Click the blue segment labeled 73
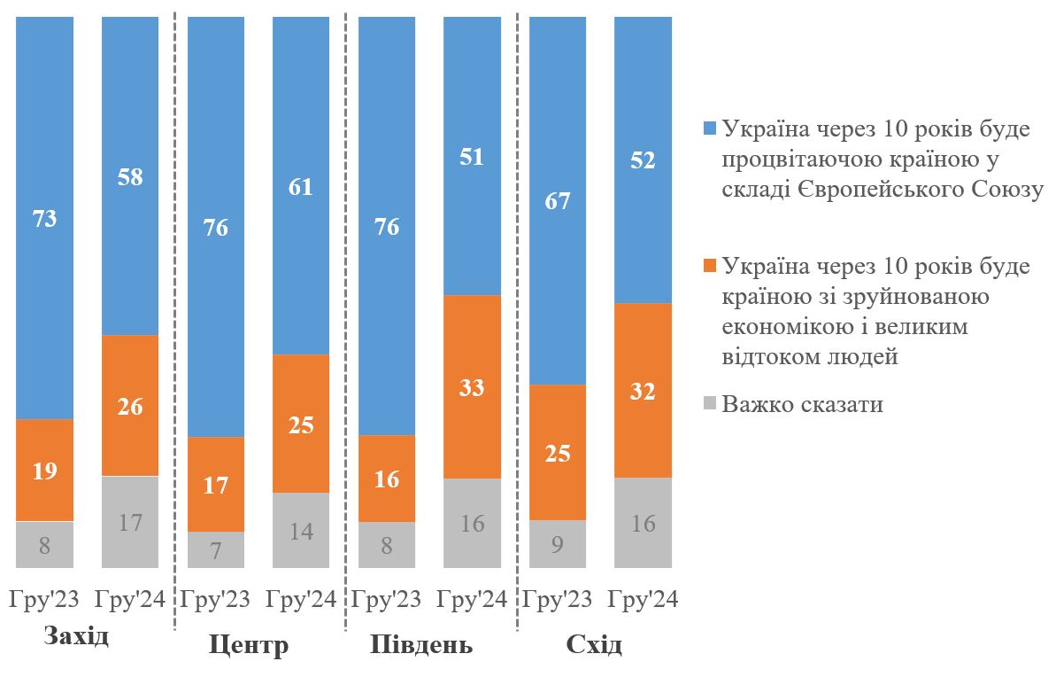pyautogui.click(x=44, y=217)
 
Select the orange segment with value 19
pyautogui.click(x=44, y=470)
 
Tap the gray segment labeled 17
pyautogui.click(x=130, y=521)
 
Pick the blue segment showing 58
pyautogui.click(x=130, y=175)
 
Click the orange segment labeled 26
pyautogui.click(x=130, y=406)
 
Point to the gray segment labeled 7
pyautogui.click(x=216, y=549)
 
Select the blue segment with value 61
pyautogui.click(x=301, y=186)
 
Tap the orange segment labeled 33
pyautogui.click(x=472, y=386)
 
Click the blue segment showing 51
pyautogui.click(x=472, y=156)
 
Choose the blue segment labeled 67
pyautogui.click(x=558, y=200)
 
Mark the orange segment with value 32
pyautogui.click(x=643, y=390)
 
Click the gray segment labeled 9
pyautogui.click(x=558, y=543)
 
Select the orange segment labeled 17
pyautogui.click(x=216, y=484)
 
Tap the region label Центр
pyautogui.click(x=249, y=644)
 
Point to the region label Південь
pyautogui.click(x=420, y=644)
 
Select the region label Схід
pyautogui.click(x=593, y=644)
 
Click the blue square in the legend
pyautogui.click(x=709, y=128)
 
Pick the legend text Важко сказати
pyautogui.click(x=802, y=405)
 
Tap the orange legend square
pyautogui.click(x=709, y=267)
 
